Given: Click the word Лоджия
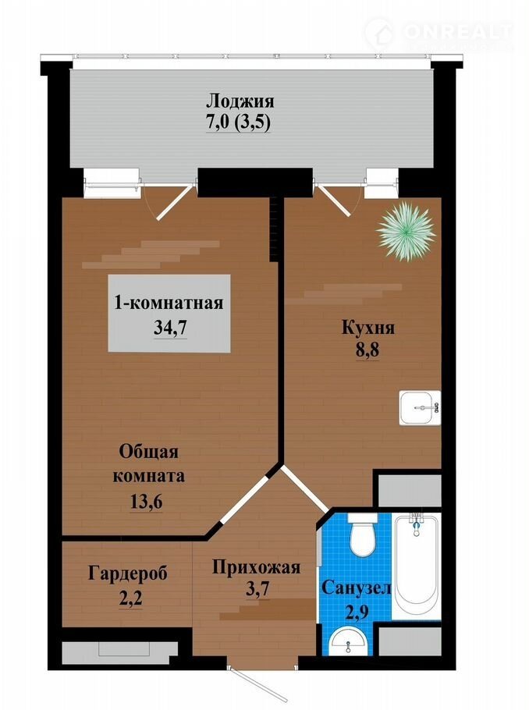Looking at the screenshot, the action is [240, 101].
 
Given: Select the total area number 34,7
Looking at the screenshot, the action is [170, 328].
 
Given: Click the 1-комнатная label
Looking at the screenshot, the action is [169, 304].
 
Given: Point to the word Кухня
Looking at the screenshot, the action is [367, 328].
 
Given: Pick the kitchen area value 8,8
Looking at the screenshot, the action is [367, 351].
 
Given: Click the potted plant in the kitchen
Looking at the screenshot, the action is [406, 231].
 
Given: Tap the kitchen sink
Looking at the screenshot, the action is [420, 407].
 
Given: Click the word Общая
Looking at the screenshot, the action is [149, 452].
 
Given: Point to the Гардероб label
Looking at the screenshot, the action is [128, 573].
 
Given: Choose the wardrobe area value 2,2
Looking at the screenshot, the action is [130, 598].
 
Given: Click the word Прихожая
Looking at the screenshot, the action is [257, 567].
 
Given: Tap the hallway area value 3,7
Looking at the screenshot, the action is [258, 589].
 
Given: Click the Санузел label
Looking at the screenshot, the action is [356, 588].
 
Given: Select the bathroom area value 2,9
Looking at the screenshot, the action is [357, 611].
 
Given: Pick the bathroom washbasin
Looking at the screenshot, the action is [348, 643].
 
